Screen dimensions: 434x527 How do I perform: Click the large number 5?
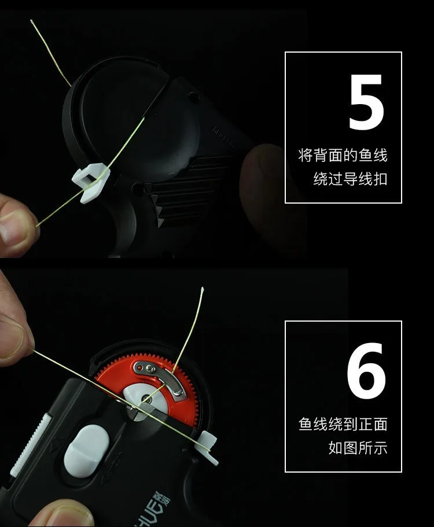(366, 102)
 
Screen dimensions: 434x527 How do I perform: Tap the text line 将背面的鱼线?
(343, 155)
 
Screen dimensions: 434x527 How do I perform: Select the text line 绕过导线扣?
(350, 179)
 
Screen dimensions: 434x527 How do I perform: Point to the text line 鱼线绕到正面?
(343, 424)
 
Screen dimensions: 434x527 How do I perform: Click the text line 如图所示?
(358, 448)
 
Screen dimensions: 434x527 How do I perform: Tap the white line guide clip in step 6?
(208, 448)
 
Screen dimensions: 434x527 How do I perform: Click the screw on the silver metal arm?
(150, 370)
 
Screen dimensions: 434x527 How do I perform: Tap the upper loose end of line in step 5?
(32, 21)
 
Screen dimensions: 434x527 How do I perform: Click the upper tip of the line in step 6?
(203, 288)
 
